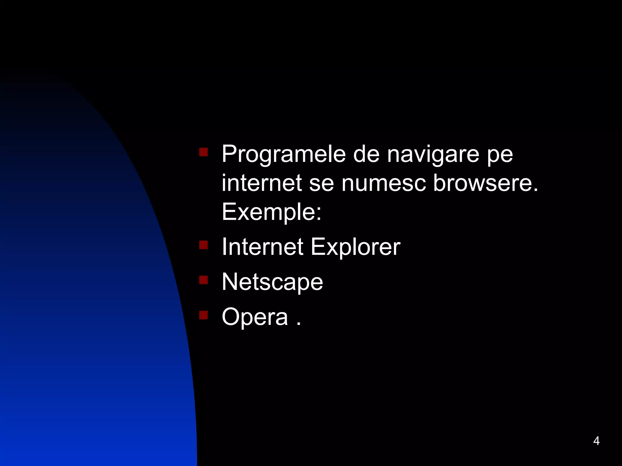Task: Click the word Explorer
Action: (355, 247)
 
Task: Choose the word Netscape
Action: (272, 282)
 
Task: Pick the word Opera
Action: (255, 317)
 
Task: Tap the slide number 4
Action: (596, 441)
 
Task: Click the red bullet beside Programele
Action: (203, 152)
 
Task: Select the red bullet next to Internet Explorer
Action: (203, 245)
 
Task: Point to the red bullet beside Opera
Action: (203, 315)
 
